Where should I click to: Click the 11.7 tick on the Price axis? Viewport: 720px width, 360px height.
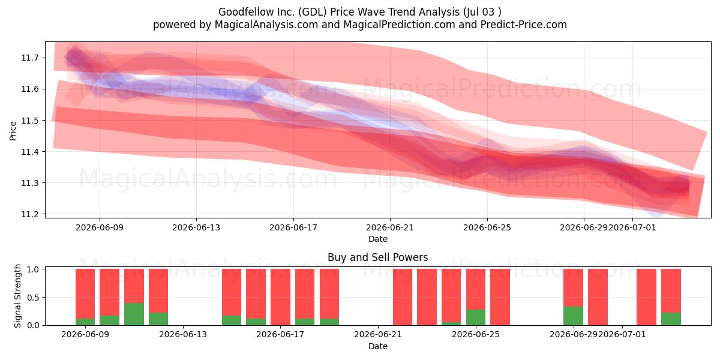29,58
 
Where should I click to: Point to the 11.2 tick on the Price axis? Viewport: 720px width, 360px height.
29,214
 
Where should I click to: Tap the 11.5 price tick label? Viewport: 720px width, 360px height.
29,121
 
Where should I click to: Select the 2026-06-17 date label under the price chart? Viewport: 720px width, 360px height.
293,227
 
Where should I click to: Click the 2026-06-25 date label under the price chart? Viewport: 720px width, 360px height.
487,227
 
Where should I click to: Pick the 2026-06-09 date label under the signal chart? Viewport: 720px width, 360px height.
85,334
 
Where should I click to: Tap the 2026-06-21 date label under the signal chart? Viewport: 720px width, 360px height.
378,334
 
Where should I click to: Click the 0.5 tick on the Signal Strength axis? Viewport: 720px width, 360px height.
33,298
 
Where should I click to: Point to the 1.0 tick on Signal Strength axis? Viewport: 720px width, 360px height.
33,269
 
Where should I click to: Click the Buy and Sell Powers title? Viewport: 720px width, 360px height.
377,257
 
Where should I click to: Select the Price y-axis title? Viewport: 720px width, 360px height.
13,131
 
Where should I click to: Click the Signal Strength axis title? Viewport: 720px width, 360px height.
17,296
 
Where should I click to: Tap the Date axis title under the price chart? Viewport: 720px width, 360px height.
378,239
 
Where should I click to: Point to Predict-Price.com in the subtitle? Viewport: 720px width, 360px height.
524,25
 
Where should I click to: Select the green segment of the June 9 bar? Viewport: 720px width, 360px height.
85,322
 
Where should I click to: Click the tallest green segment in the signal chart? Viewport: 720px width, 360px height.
134,314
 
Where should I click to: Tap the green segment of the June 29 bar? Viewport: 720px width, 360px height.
573,316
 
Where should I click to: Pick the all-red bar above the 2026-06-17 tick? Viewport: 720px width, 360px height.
280,297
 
